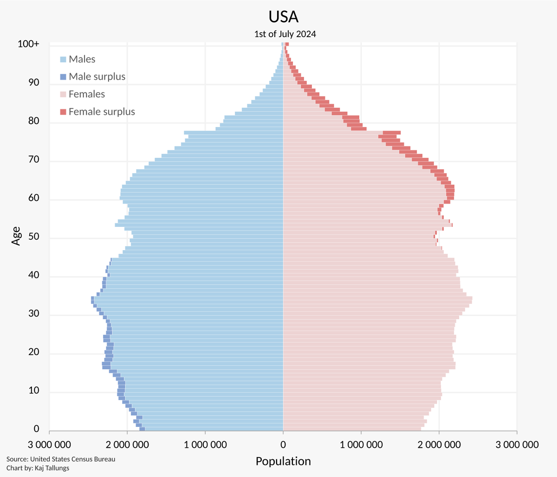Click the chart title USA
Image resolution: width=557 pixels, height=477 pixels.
pos(283,17)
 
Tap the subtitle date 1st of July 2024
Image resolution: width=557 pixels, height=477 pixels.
pos(285,34)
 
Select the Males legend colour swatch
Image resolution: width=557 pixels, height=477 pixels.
pos(63,59)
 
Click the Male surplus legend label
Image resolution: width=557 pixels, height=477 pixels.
pos(97,77)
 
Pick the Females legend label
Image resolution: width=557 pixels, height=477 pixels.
pos(87,94)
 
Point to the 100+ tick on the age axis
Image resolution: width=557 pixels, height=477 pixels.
pos(29,44)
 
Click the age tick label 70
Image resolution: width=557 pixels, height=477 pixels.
pos(33,160)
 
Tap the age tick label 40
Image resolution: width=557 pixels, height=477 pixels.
pos(33,276)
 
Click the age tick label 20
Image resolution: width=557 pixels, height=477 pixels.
pos(33,353)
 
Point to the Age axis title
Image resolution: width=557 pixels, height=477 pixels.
pos(17,236)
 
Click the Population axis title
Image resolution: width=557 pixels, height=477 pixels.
pos(283,461)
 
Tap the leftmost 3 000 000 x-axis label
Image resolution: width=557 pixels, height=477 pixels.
pos(49,445)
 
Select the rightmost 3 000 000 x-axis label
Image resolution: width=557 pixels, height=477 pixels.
pos(517,445)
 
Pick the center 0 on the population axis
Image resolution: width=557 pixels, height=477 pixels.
pos(283,445)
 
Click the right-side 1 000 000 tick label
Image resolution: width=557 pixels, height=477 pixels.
pos(361,445)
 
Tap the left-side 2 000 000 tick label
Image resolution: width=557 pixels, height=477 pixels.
pos(127,445)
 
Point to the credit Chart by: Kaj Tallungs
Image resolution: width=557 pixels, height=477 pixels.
pos(38,468)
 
